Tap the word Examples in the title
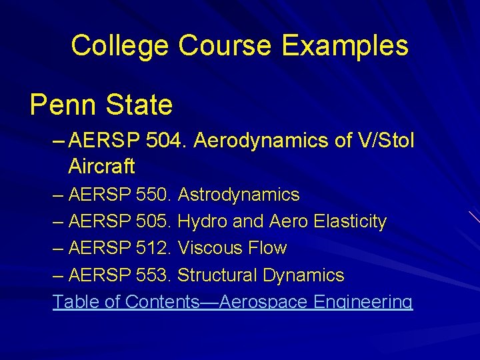tap(345, 46)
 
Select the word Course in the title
tap(225, 46)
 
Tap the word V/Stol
tap(385, 141)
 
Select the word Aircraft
tap(101, 165)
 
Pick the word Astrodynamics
tap(239, 195)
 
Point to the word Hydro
tap(202, 221)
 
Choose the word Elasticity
tap(346, 221)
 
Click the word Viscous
tap(209, 248)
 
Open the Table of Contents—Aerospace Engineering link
tap(233, 302)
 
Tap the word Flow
tap(267, 248)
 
